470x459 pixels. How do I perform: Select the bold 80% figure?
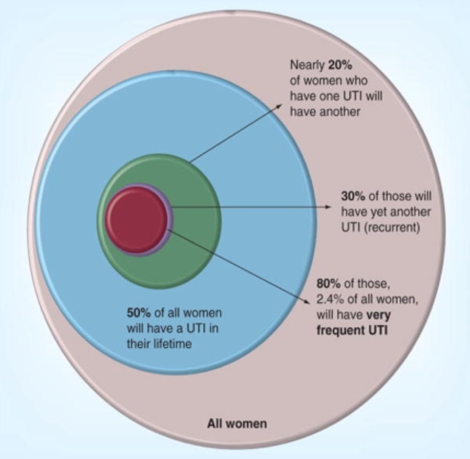[327, 284]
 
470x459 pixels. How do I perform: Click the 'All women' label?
[237, 425]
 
